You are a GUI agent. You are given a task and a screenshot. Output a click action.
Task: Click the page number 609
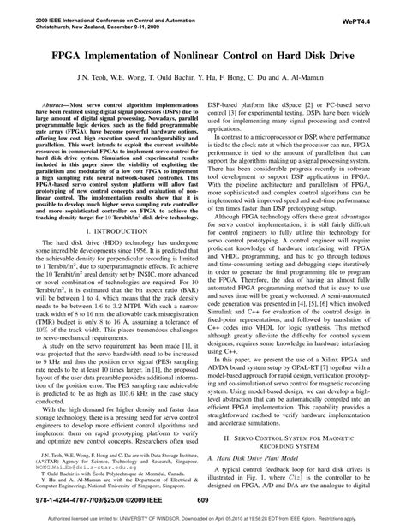coord(203,500)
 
